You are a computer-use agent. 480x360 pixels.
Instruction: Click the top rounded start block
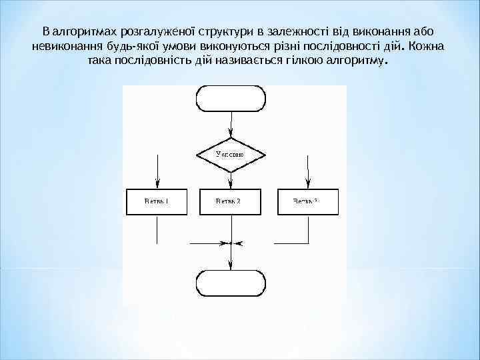[230, 98]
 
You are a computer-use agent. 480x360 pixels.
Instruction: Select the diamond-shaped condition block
[230, 154]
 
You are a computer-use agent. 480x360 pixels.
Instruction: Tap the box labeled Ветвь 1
[157, 201]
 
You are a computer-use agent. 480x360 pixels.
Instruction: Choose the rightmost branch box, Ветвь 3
[307, 201]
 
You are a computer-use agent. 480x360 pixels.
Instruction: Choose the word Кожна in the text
[429, 47]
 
